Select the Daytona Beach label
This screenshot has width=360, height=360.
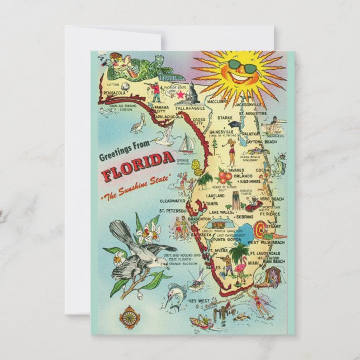262,142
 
